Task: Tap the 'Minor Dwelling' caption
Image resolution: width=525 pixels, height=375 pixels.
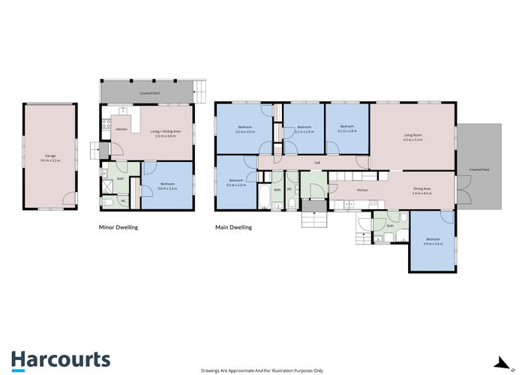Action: [118, 226]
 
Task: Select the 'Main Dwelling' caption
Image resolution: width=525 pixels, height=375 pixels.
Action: [233, 226]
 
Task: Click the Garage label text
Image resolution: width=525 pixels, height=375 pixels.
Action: [50, 156]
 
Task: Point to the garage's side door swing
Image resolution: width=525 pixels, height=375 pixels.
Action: [69, 199]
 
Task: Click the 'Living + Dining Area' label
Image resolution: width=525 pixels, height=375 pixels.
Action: [165, 131]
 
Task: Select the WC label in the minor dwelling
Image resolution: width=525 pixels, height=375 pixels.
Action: [122, 201]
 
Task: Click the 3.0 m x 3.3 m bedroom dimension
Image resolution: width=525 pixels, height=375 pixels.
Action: [167, 188]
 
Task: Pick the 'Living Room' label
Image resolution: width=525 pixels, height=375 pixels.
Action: [413, 135]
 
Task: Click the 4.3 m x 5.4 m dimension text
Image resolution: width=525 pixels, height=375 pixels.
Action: [413, 140]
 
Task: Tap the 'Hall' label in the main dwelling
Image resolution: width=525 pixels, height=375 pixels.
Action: [317, 162]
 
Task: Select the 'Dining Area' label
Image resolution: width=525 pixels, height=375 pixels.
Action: [421, 188]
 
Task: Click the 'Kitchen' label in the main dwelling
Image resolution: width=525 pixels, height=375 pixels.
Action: [362, 190]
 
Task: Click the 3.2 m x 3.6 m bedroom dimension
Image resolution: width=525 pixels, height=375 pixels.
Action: [244, 132]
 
